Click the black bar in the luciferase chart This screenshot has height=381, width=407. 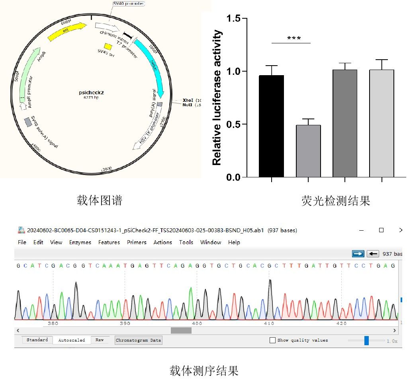point(271,126)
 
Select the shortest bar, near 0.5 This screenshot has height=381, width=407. point(308,151)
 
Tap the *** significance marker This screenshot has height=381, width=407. point(294,39)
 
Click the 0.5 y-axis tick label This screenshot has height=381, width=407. point(233,124)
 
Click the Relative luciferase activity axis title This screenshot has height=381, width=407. point(217,97)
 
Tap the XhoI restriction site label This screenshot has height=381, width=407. point(187,100)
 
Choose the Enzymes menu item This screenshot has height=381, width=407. point(80,242)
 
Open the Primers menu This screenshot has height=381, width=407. point(137,242)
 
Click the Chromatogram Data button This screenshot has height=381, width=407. point(139,340)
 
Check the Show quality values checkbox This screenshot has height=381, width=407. point(272,340)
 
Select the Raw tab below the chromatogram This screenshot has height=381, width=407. point(100,340)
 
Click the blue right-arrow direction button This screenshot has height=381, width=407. point(358,254)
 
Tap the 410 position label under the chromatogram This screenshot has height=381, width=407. point(269,323)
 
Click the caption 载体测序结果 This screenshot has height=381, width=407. point(204,371)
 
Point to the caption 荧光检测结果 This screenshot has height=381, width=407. point(336,201)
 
